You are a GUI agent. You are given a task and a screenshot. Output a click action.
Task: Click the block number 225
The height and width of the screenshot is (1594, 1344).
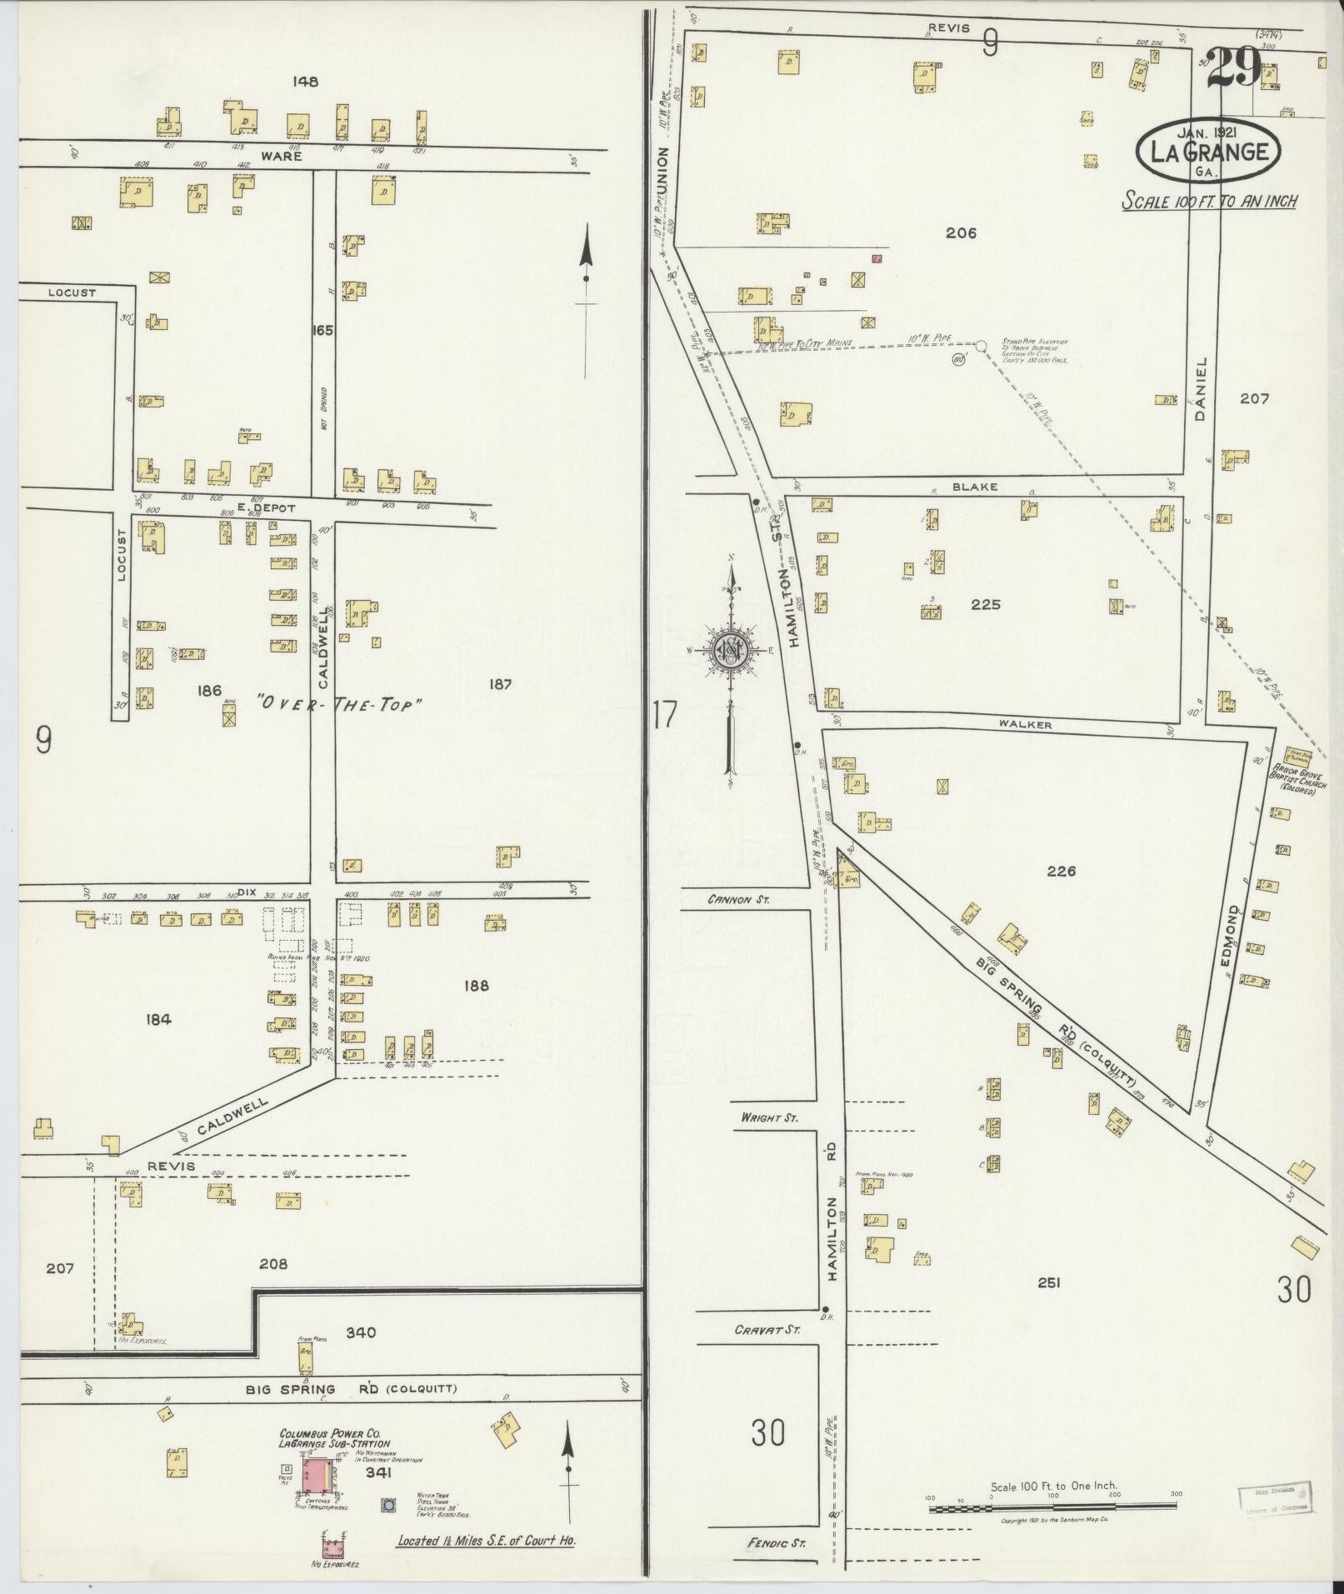[985, 605]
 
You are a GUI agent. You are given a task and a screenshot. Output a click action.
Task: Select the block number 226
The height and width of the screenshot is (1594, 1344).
[1062, 872]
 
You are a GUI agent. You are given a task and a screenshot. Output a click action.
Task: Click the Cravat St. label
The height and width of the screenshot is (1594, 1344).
[767, 1331]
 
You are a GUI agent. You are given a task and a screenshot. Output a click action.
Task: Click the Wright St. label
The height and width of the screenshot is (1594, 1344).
[768, 1117]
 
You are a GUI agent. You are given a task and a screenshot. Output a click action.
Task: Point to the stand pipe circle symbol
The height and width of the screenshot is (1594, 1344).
[981, 345]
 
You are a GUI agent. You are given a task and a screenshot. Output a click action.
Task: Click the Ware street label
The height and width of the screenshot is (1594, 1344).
[280, 156]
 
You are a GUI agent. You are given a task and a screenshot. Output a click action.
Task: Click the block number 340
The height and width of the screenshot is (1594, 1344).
[361, 1332]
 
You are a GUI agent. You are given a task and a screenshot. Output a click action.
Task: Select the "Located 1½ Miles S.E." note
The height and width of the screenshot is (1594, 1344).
[486, 1541]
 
